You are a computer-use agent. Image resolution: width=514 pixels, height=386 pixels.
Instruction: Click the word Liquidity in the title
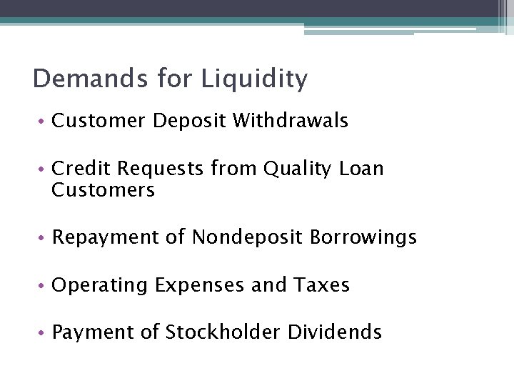pyautogui.click(x=254, y=79)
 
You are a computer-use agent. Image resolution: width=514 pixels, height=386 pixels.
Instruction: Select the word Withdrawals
pyautogui.click(x=290, y=121)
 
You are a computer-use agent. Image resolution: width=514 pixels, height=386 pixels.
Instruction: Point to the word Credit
pyautogui.click(x=81, y=169)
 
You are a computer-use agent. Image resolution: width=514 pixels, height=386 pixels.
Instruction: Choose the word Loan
pyautogui.click(x=361, y=169)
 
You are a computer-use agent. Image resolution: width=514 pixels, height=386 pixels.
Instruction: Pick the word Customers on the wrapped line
pyautogui.click(x=103, y=190)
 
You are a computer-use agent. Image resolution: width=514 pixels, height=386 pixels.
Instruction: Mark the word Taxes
pyautogui.click(x=321, y=285)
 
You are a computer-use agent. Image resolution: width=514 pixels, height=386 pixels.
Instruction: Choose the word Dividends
pyautogui.click(x=335, y=332)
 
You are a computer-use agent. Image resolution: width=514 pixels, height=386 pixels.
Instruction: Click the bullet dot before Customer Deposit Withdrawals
pyautogui.click(x=43, y=122)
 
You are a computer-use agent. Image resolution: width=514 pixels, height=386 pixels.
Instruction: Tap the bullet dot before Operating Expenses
pyautogui.click(x=43, y=286)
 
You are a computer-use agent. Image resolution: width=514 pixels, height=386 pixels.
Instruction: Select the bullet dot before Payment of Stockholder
pyautogui.click(x=43, y=333)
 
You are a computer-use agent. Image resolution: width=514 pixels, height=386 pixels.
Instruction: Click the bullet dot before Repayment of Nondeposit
pyautogui.click(x=43, y=238)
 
